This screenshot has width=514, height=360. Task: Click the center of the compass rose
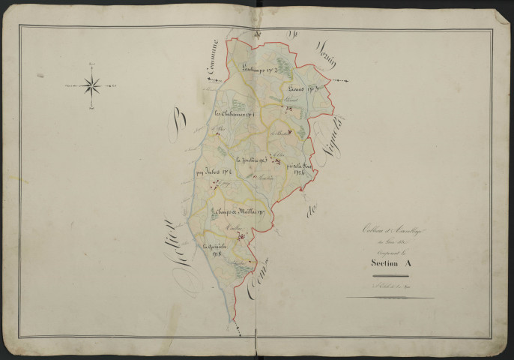coord(93,85)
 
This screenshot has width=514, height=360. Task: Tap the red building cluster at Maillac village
coord(241,237)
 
